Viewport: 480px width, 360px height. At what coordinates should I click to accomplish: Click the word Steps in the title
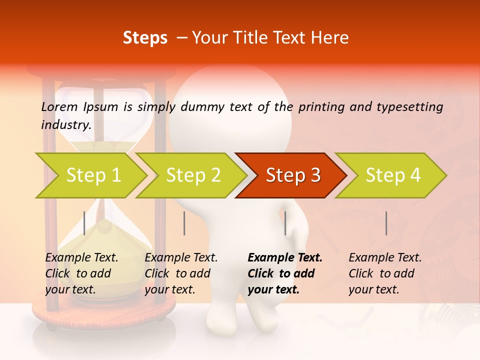pos(145,38)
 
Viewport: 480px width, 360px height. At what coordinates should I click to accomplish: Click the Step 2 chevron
pos(193,175)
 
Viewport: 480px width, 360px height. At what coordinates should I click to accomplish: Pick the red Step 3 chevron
pos(293,175)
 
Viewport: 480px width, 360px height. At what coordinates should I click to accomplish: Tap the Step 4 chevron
pos(393,175)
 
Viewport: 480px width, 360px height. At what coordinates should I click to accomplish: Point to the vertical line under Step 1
pos(84,223)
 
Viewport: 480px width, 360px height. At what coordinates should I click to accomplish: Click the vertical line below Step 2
pos(184,223)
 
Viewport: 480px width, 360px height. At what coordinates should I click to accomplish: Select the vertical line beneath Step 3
pos(285,223)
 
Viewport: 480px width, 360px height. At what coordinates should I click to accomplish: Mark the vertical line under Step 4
pos(386,223)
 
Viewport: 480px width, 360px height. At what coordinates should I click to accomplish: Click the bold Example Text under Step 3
pos(285,273)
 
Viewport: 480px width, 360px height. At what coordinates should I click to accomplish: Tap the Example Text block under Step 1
pos(81,273)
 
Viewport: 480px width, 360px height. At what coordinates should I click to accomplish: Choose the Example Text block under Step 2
pos(181,273)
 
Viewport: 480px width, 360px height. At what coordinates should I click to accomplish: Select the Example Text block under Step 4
pos(385,273)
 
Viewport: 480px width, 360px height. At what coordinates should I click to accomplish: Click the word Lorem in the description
pos(59,106)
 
